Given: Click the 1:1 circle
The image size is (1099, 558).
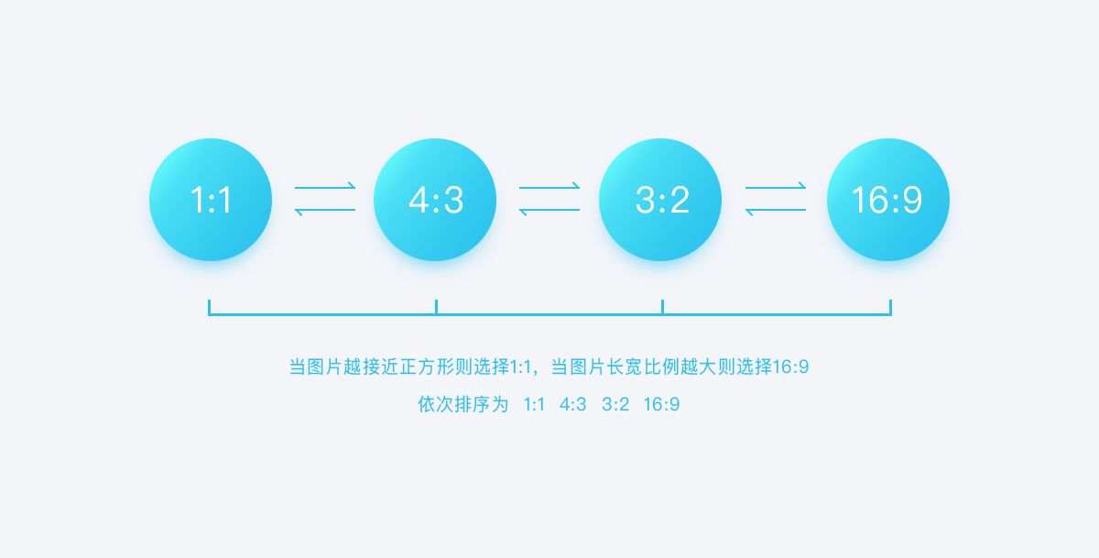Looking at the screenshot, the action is click(211, 200).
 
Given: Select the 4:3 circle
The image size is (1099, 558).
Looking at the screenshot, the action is click(435, 200).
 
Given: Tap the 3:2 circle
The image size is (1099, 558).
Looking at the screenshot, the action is click(660, 200).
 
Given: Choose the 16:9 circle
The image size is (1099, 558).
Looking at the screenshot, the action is click(888, 200).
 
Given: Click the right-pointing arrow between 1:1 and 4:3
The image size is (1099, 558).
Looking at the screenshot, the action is click(325, 187).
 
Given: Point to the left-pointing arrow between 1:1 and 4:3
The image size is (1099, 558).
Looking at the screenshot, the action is click(325, 211).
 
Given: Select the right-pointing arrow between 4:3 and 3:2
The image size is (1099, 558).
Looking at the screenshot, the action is click(549, 187).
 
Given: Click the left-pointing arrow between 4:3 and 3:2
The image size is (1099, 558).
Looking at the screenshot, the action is click(549, 211).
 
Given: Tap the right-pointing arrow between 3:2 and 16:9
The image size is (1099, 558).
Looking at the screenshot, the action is click(776, 187).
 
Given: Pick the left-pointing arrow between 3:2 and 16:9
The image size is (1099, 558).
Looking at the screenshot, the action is click(776, 211).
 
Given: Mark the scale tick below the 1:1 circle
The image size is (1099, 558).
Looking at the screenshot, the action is click(210, 307).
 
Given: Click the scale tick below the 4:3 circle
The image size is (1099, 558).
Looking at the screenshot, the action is click(436, 307).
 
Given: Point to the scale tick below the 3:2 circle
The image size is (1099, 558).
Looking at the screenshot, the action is click(662, 307).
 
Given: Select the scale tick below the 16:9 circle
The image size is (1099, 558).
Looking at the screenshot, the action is click(890, 307).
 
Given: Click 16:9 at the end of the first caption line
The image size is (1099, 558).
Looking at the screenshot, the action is click(790, 367).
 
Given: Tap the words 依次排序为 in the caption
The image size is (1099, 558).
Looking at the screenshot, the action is click(462, 404).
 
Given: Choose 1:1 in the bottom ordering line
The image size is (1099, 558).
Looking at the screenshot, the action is click(534, 404).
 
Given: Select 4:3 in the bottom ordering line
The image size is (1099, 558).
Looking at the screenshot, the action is click(573, 404).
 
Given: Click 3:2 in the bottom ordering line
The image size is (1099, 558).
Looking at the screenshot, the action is click(615, 404).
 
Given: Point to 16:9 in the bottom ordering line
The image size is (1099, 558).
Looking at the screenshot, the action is click(661, 404).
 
